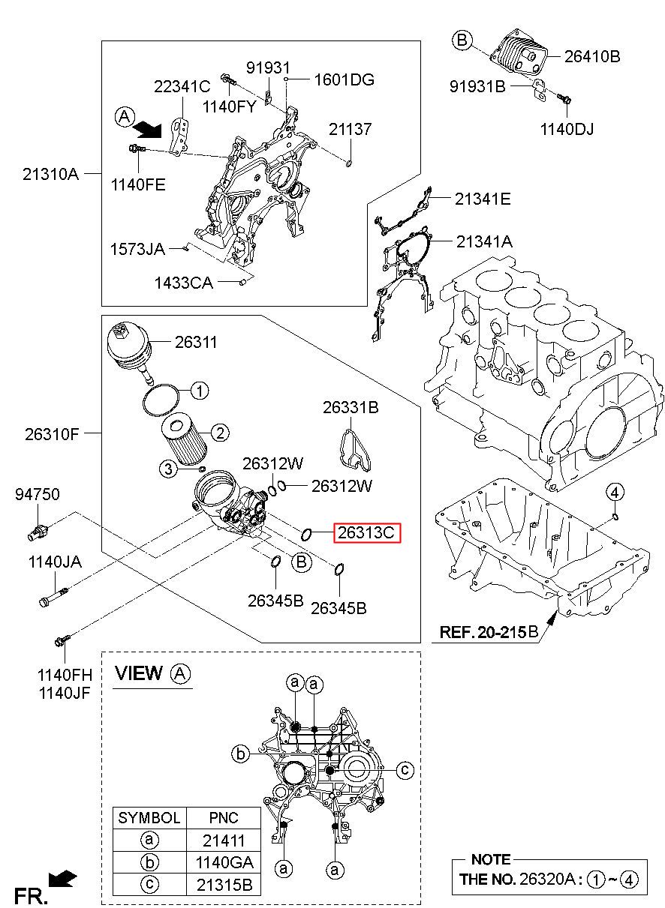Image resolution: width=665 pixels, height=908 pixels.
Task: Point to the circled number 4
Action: pos(615,493)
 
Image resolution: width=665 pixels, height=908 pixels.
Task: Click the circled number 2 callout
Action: pos(219,433)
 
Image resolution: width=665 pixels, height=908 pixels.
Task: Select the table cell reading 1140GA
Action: pos(223,862)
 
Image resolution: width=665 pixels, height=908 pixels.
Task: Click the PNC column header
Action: pos(223,817)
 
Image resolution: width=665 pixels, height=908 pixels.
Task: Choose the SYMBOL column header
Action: pos(149,817)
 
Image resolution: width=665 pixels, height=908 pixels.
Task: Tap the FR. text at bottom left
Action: pos(32,895)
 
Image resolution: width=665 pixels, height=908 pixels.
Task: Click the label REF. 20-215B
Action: pos(489,632)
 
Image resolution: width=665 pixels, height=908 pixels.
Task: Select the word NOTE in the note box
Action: pos(490,859)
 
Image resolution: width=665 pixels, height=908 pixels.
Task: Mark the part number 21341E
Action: pos(482,199)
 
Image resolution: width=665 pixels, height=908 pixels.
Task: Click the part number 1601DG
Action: pos(344,79)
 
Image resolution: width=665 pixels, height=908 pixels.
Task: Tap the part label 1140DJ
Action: pos(567,129)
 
